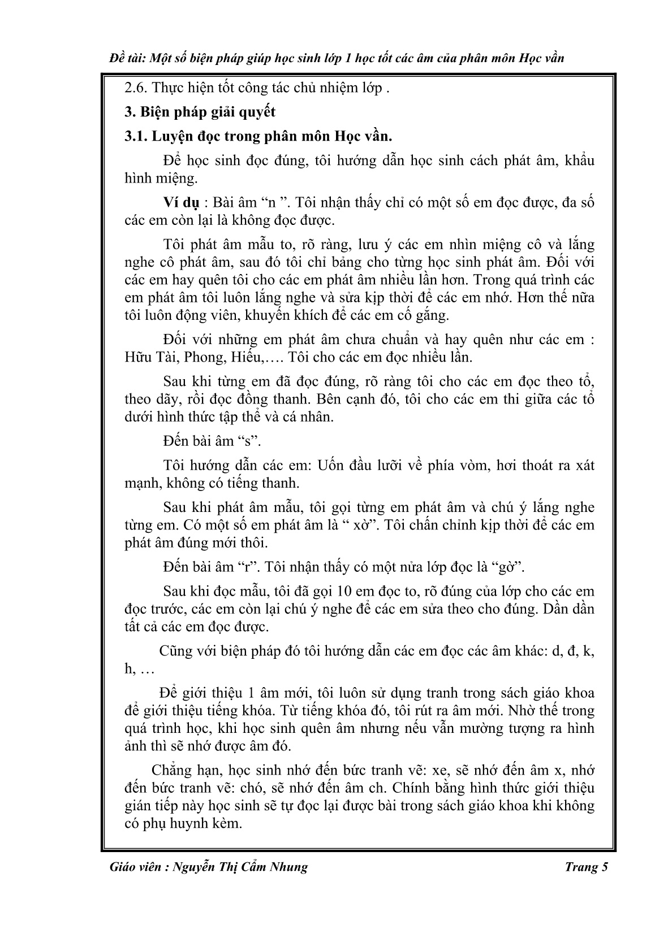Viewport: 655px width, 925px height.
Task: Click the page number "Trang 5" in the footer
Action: click(586, 867)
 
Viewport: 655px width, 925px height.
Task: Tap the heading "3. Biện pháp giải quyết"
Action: click(200, 111)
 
